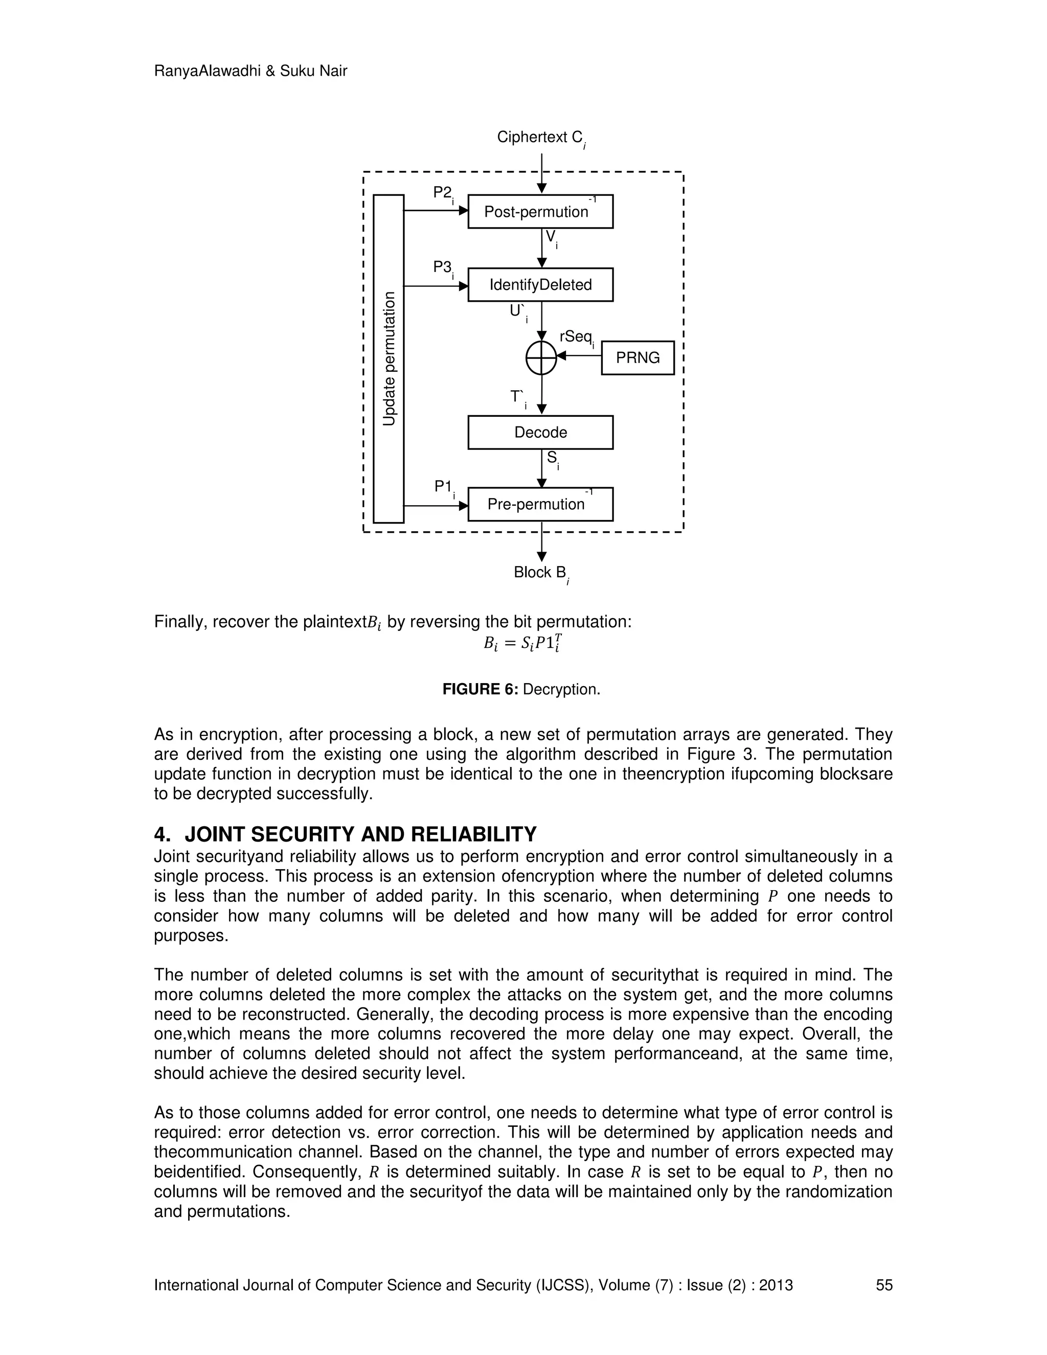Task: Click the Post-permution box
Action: (x=540, y=212)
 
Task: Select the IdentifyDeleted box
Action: (x=540, y=285)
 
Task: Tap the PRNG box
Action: (x=638, y=357)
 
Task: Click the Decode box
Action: (x=540, y=433)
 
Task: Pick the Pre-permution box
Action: (x=540, y=504)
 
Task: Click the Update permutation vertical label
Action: (x=389, y=358)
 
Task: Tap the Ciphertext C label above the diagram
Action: (x=540, y=138)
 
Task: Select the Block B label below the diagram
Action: (x=540, y=573)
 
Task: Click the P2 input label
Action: (x=443, y=194)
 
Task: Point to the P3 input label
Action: (x=443, y=267)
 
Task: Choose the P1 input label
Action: (x=443, y=487)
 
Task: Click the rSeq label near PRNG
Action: (x=576, y=337)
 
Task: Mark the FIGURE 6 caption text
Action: (x=521, y=689)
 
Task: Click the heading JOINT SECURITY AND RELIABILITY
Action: (x=360, y=834)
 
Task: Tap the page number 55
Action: (x=884, y=1285)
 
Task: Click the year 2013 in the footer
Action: (x=776, y=1285)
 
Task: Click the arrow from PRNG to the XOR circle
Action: (x=580, y=356)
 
